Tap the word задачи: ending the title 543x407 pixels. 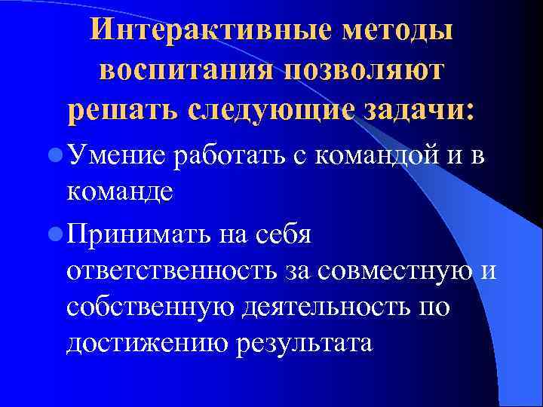[x=421, y=110]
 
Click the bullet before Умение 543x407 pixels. [x=54, y=155]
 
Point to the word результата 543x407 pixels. [x=305, y=344]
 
